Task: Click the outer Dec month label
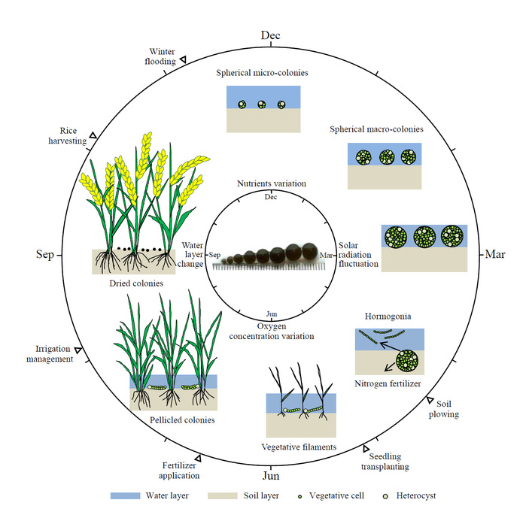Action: coord(271,35)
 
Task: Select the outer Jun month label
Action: coord(271,476)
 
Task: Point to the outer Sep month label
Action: coord(45,255)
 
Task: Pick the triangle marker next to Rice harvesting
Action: coord(93,135)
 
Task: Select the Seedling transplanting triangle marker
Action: coord(366,449)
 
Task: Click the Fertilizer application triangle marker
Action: coord(198,458)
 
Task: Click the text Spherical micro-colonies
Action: coord(262,74)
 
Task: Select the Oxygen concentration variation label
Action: coord(271,331)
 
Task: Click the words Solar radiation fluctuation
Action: coord(359,255)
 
